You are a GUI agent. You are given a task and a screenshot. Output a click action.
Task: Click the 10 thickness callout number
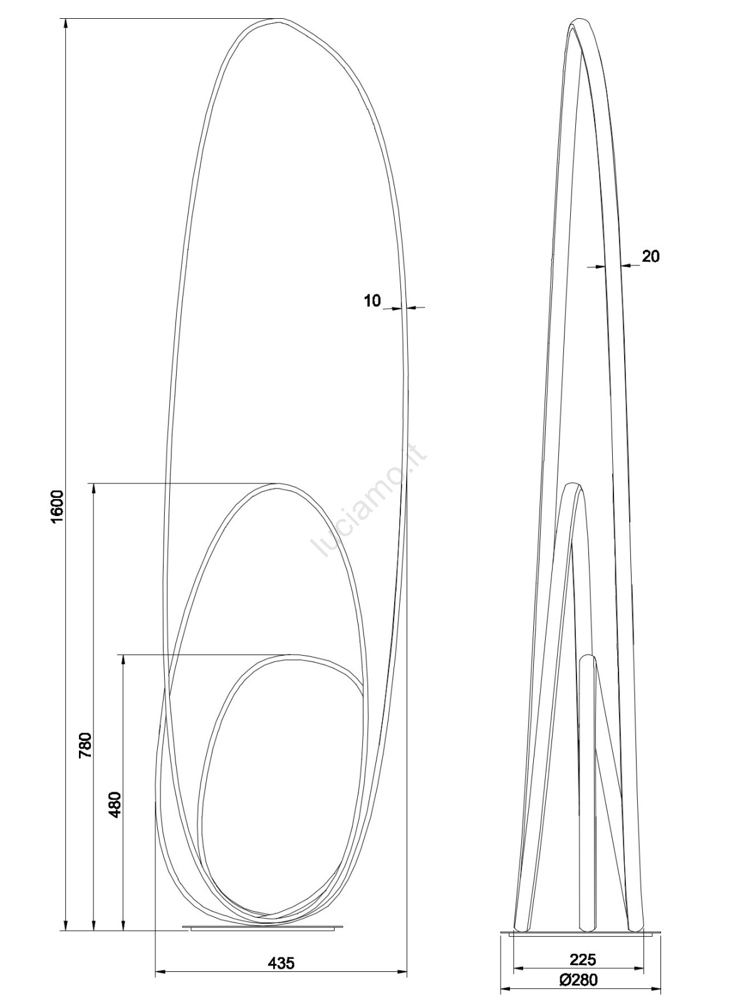tap(372, 301)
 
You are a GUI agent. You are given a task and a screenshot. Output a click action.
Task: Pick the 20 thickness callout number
tap(650, 256)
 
